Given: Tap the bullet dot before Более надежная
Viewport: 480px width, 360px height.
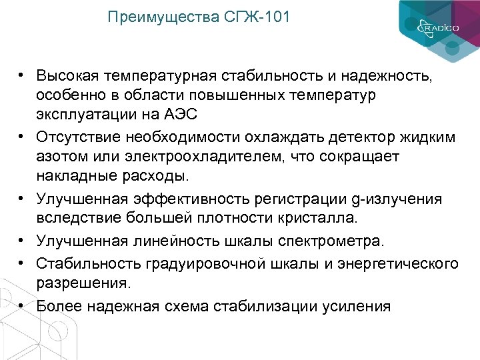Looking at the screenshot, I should [x=22, y=305].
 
